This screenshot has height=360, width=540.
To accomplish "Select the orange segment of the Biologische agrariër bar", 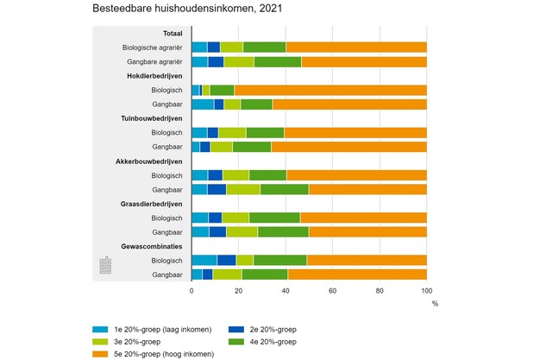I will point(355,47).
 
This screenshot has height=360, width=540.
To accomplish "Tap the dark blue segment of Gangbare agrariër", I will point(216,61).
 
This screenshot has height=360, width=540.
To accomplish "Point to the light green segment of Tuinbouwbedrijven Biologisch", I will point(232,133).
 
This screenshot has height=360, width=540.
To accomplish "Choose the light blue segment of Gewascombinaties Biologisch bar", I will point(204,260).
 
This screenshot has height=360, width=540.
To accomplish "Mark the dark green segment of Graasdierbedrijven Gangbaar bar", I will point(283,231).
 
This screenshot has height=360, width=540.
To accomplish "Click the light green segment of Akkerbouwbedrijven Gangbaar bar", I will point(243,189).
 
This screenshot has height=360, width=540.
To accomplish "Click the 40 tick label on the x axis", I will point(286,292).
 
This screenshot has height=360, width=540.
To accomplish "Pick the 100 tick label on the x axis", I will point(426,292).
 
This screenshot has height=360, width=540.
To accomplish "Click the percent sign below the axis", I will point(435,304).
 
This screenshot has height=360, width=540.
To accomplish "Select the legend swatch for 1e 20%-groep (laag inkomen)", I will point(100,329).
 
